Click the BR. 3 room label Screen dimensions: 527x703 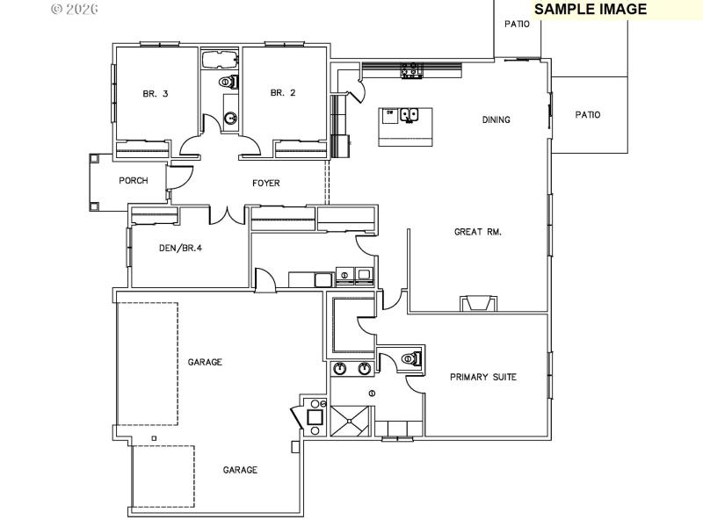(x=156, y=93)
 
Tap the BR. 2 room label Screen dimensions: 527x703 (x=282, y=93)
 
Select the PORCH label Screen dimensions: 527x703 (x=134, y=181)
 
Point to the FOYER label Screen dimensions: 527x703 (x=265, y=184)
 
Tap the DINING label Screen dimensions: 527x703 (x=496, y=120)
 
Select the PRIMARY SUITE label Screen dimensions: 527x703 (x=482, y=377)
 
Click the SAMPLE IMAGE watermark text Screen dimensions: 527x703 (x=591, y=10)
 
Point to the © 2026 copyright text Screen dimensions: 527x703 (x=75, y=9)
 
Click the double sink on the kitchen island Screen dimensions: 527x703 (x=409, y=114)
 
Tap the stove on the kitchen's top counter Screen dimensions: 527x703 (x=409, y=69)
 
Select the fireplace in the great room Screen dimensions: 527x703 (x=479, y=303)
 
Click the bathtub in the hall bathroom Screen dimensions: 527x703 (x=219, y=60)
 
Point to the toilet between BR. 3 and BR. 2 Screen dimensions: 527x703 (x=226, y=83)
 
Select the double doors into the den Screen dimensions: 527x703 (x=226, y=213)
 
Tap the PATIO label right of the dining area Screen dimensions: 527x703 (x=587, y=114)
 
